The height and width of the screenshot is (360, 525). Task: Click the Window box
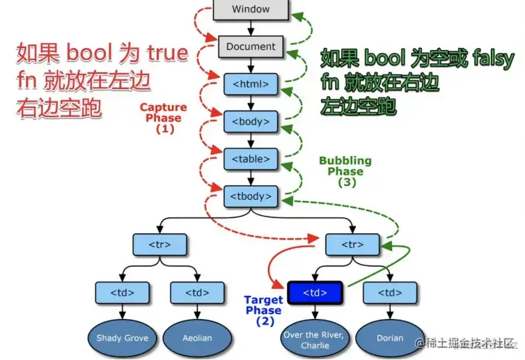point(251,10)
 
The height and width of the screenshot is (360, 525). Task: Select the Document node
point(251,47)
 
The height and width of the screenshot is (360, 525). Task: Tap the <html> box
point(251,85)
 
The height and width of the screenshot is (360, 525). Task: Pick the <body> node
point(251,122)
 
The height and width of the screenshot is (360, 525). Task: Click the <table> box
point(251,159)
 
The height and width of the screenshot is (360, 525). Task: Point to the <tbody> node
point(251,196)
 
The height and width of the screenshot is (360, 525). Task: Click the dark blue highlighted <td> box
point(314,292)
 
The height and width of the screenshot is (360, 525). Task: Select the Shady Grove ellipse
point(123,338)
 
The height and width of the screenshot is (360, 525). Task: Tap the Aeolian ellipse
point(197,338)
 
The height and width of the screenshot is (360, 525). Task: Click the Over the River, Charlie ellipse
point(315,339)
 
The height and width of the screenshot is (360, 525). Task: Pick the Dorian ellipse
point(389,338)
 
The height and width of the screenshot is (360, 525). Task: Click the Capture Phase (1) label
point(164,118)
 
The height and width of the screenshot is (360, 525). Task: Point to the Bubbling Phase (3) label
point(345,171)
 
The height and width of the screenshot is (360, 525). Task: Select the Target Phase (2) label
point(263,311)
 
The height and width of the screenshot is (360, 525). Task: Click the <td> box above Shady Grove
point(123,292)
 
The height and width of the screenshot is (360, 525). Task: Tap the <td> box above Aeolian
point(197,292)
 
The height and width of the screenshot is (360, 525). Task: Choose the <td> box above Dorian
point(389,292)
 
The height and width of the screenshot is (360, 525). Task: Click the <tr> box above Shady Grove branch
point(160,244)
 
